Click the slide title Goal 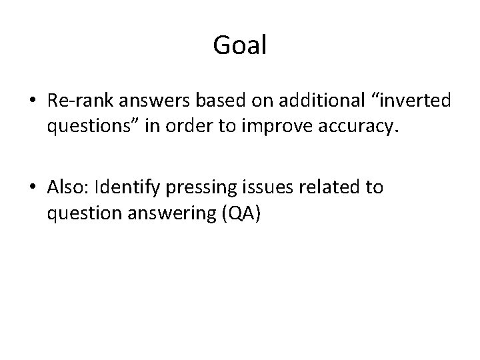click(x=240, y=45)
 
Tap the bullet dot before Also click(x=33, y=188)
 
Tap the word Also click(x=68, y=188)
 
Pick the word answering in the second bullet click(x=177, y=213)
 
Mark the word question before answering click(x=85, y=213)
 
